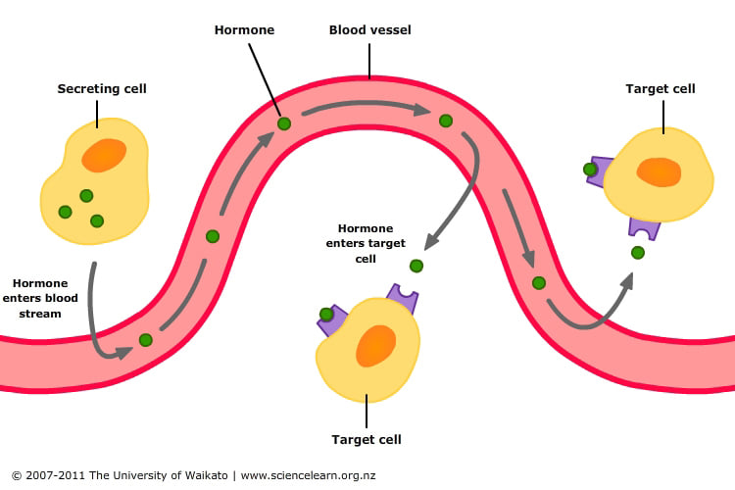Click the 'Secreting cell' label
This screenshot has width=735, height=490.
coord(102,89)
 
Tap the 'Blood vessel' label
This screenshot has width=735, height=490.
coord(369,30)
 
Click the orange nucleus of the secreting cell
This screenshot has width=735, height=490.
coord(104,155)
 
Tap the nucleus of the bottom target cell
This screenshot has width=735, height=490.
coord(375,346)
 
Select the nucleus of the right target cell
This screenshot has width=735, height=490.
coord(659,171)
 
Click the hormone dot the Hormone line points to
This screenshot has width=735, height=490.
coord(284,123)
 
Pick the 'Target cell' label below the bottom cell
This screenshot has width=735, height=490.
coord(367,439)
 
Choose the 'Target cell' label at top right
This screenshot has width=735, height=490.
coord(661,89)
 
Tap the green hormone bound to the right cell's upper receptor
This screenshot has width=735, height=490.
coord(590,170)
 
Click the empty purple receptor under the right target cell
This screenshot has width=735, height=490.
coord(644,228)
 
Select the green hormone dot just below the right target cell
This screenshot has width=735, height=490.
coord(638,253)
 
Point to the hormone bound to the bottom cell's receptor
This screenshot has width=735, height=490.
coord(326,315)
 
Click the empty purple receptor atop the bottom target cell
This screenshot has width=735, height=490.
coord(402,296)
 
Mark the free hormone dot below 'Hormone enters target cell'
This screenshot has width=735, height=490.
coord(416,266)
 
